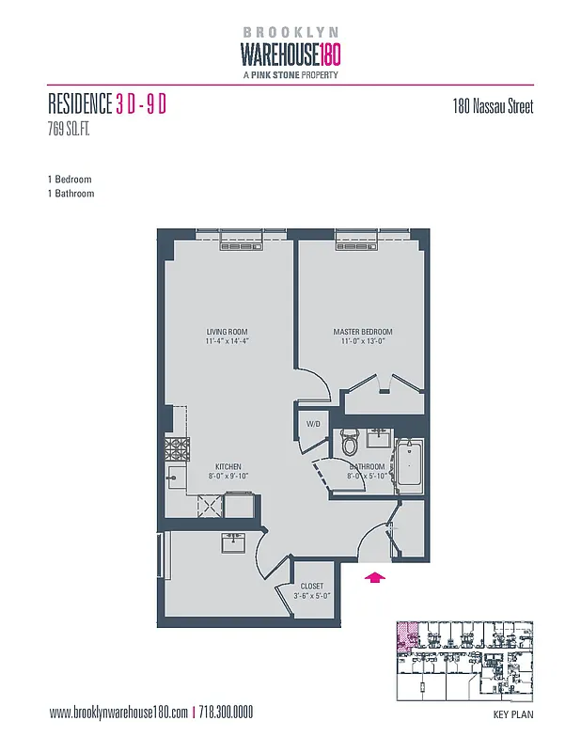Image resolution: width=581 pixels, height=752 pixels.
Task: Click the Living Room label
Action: pos(227,332)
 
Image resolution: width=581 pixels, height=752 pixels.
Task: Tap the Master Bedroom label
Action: pos(362,332)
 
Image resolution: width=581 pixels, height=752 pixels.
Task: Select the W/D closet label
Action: pos(314,424)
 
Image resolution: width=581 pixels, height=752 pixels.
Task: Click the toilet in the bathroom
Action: pos(351,439)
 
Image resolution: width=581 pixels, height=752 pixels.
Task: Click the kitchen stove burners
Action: pos(177,446)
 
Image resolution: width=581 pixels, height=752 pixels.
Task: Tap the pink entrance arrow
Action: pos(374,577)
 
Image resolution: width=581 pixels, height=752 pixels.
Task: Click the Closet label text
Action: pos(310,586)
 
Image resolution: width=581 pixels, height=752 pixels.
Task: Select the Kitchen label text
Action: pos(228,466)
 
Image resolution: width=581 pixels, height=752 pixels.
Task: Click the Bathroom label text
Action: pos(367,466)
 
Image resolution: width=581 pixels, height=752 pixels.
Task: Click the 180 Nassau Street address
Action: pos(493,106)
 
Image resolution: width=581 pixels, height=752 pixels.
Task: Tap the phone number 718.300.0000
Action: pos(226,713)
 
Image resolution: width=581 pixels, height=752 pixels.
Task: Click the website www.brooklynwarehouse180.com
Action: pos(118,713)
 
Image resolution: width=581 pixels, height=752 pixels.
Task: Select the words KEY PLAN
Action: pos(512,714)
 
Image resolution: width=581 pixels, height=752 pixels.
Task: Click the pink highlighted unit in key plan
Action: pos(406,636)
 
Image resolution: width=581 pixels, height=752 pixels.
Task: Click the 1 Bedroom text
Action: pos(70,179)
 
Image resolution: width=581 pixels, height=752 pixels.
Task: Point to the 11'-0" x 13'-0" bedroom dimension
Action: pos(362,343)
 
